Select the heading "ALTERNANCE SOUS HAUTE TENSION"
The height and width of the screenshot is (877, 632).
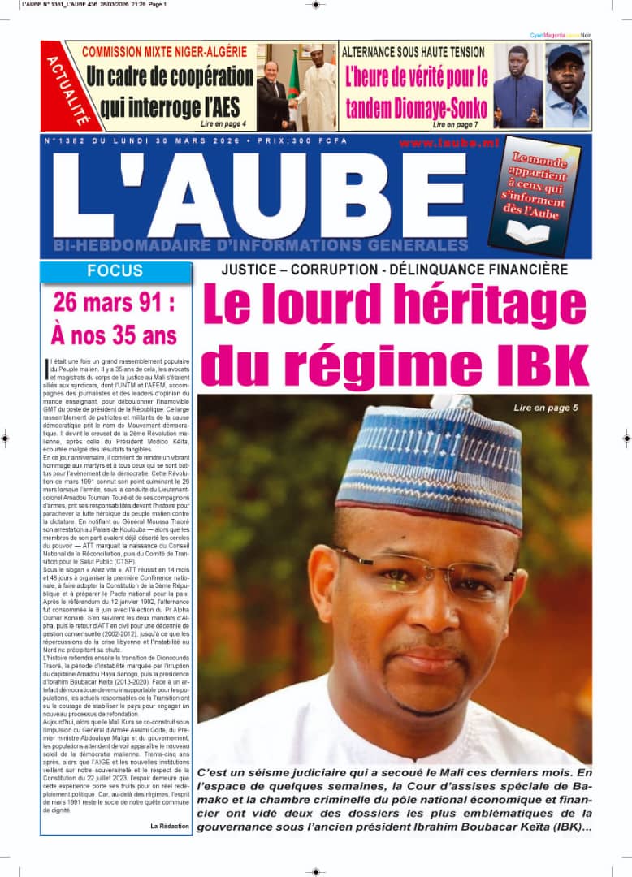click(413, 52)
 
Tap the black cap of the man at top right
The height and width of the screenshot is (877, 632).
click(565, 56)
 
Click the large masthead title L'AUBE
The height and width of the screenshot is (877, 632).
click(260, 195)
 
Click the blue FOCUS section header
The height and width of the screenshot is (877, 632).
click(115, 271)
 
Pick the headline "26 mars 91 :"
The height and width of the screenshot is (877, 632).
click(114, 303)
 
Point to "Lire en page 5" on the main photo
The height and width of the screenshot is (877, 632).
click(545, 408)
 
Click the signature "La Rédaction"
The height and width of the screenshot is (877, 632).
click(169, 826)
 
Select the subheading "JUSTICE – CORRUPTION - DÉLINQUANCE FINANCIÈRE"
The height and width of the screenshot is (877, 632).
click(394, 270)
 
